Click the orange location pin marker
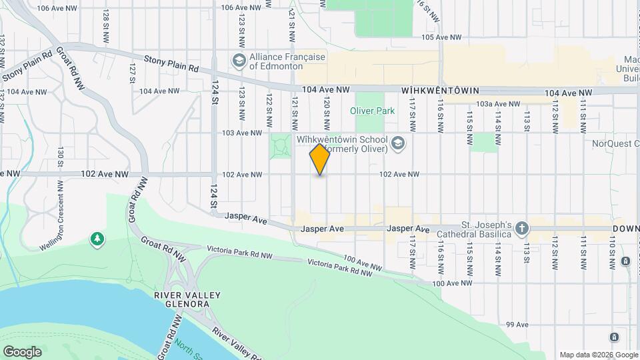(x=320, y=159)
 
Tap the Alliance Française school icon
(x=238, y=61)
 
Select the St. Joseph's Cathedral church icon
(x=522, y=229)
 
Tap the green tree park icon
(x=97, y=238)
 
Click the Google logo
(x=22, y=351)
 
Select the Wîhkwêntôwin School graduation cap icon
(x=398, y=142)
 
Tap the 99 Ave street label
(x=517, y=325)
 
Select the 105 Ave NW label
(x=442, y=37)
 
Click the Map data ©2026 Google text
(x=598, y=355)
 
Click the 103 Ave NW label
(x=241, y=133)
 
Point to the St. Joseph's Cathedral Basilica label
(x=473, y=229)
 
